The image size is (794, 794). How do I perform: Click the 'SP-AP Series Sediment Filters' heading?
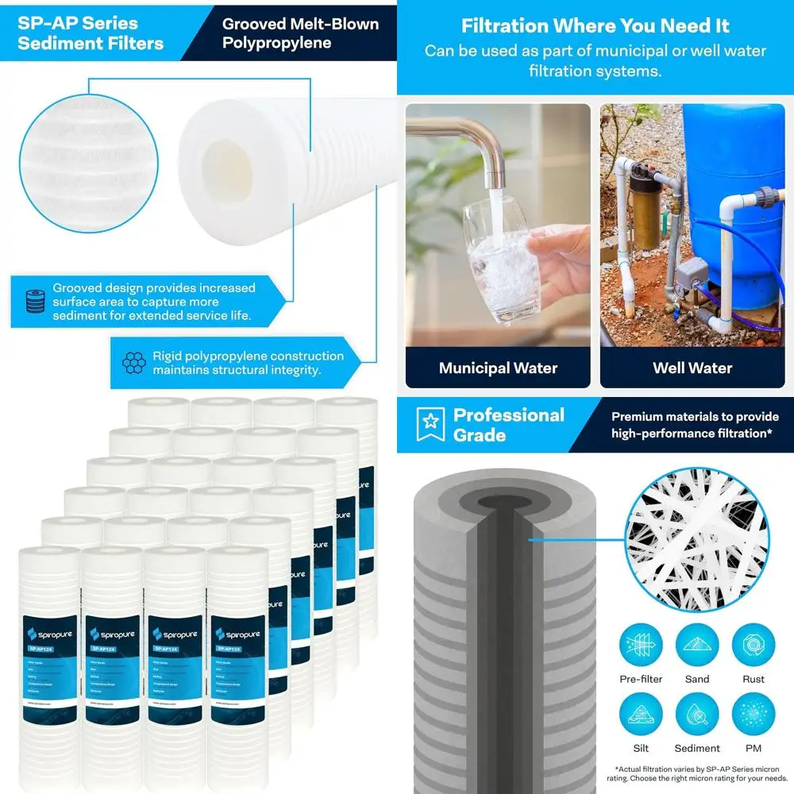pyautogui.click(x=91, y=33)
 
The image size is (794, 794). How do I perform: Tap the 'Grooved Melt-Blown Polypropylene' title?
pyautogui.click(x=300, y=33)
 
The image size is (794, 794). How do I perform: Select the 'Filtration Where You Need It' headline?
pyautogui.click(x=595, y=26)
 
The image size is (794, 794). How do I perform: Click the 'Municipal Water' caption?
pyautogui.click(x=498, y=368)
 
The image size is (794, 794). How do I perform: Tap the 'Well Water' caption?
pyautogui.click(x=692, y=368)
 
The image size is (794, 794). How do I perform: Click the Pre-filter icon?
pyautogui.click(x=641, y=644)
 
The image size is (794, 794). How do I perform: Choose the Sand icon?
pyautogui.click(x=697, y=644)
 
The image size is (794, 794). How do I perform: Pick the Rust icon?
pyautogui.click(x=754, y=644)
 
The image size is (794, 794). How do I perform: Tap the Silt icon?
pyautogui.click(x=641, y=714)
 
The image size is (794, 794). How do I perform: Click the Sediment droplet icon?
pyautogui.click(x=697, y=714)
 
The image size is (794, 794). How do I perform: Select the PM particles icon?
pyautogui.click(x=754, y=714)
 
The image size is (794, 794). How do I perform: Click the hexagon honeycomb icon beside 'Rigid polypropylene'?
pyautogui.click(x=134, y=364)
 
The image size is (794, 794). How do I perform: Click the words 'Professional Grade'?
pyautogui.click(x=508, y=425)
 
